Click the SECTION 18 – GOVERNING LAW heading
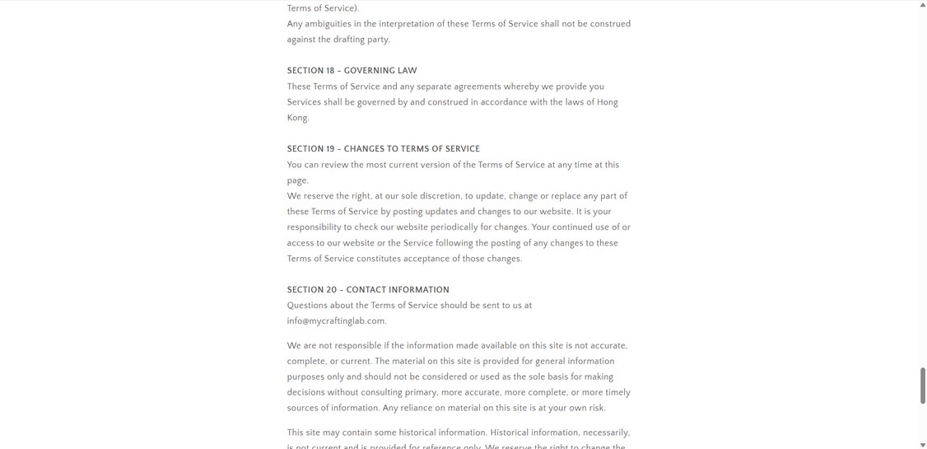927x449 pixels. pyautogui.click(x=352, y=71)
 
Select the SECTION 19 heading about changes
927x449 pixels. pyautogui.click(x=383, y=149)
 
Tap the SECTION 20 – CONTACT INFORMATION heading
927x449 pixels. pyautogui.click(x=368, y=290)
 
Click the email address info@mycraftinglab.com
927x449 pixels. pyautogui.click(x=336, y=321)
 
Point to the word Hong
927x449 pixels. pyautogui.click(x=607, y=102)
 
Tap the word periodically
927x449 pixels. pyautogui.click(x=461, y=227)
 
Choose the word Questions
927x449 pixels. pyautogui.click(x=309, y=306)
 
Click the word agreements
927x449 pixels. pyautogui.click(x=473, y=87)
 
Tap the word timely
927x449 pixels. pyautogui.click(x=617, y=393)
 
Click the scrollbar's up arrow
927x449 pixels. pyautogui.click(x=922, y=5)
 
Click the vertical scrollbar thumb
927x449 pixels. pyautogui.click(x=922, y=386)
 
